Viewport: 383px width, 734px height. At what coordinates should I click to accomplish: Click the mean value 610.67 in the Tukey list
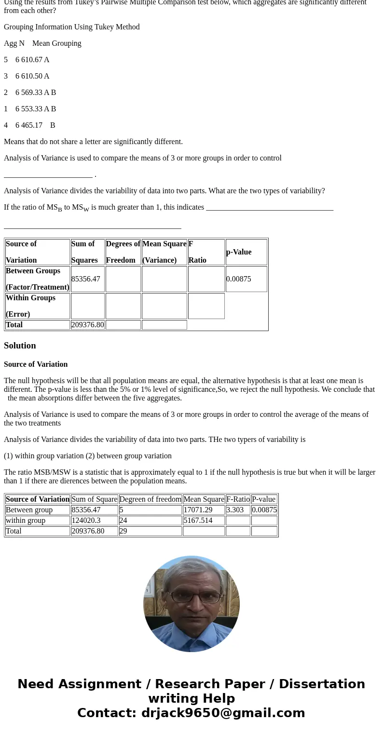click(x=31, y=60)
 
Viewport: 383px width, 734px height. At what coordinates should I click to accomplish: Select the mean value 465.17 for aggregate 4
click(x=31, y=125)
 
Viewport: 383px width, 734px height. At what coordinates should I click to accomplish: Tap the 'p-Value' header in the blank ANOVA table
click(x=239, y=252)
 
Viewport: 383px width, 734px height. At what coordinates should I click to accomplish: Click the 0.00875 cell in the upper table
click(x=239, y=279)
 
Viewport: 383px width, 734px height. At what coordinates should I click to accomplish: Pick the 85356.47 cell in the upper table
click(x=86, y=279)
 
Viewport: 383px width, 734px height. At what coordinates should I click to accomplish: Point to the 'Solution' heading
click(x=20, y=346)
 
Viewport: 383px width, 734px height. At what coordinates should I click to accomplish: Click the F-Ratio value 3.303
click(x=235, y=510)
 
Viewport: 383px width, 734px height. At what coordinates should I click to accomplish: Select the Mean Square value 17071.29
click(x=198, y=510)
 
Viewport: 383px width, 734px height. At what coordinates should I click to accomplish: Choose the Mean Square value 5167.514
click(x=198, y=520)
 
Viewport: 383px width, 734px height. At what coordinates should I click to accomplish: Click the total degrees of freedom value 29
click(x=123, y=531)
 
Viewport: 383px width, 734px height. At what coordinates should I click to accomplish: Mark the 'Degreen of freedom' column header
click(x=150, y=499)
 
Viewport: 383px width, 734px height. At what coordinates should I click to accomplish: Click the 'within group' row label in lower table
click(x=26, y=520)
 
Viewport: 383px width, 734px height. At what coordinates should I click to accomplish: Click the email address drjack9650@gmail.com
click(x=223, y=713)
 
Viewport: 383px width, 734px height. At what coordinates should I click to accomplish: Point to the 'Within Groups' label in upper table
click(x=30, y=298)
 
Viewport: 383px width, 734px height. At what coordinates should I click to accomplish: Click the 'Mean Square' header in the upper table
click(x=164, y=244)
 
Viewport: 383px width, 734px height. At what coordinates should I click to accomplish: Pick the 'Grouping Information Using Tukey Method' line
click(x=72, y=27)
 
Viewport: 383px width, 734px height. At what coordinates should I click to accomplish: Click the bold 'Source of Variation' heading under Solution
click(x=36, y=364)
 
